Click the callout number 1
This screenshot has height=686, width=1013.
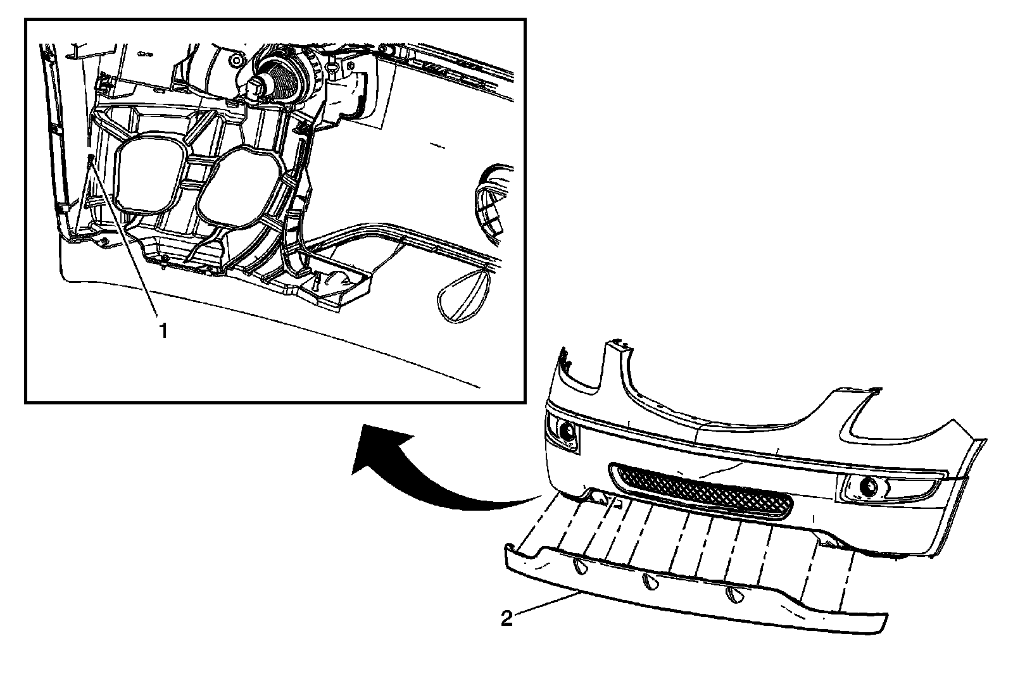point(163,330)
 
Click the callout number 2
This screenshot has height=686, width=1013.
point(507,618)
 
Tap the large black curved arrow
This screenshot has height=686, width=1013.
point(431,471)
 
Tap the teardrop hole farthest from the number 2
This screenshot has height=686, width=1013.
point(734,595)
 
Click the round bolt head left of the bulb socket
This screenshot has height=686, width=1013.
point(236,61)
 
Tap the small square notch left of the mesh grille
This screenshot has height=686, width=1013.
point(620,504)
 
